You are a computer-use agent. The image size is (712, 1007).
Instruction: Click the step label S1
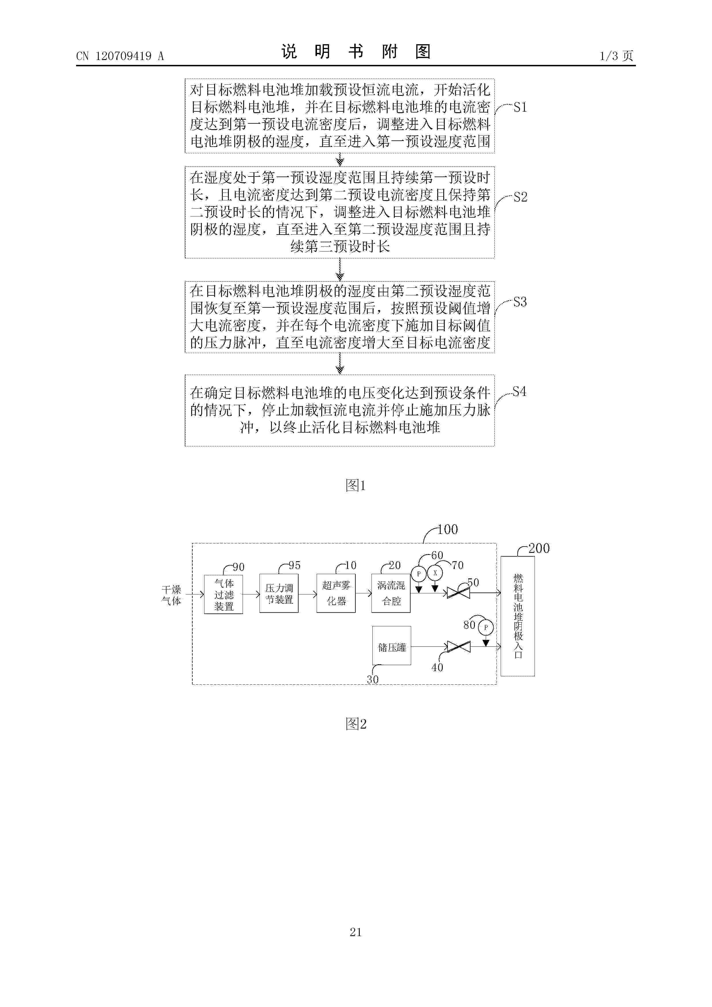pos(520,107)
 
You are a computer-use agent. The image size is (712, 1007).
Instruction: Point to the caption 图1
pos(355,485)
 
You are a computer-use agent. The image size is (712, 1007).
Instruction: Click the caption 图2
pos(356,724)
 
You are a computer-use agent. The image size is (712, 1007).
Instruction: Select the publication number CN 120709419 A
pos(120,56)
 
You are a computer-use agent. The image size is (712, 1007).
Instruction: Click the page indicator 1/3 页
pos(616,56)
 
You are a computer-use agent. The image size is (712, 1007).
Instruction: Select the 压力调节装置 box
pos(279,593)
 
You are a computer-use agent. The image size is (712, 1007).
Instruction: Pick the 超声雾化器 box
pos(336,593)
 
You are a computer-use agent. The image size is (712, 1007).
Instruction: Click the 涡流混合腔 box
pos(391,593)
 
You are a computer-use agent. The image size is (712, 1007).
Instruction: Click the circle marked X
pos(435,573)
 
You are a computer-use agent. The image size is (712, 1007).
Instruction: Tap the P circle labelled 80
pos(486,627)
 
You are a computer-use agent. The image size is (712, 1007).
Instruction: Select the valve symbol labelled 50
pos(458,593)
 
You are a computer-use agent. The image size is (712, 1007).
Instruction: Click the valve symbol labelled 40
pos(458,646)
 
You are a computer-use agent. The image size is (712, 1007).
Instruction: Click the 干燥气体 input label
pos(171,595)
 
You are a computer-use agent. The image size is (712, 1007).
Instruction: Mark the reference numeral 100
pos(448,529)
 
